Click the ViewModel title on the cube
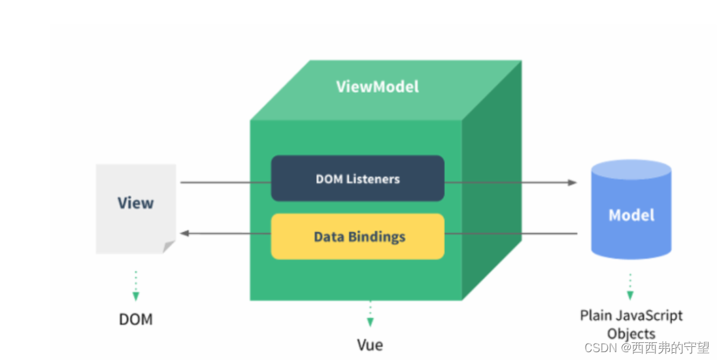pyautogui.click(x=377, y=86)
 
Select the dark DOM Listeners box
pyautogui.click(x=358, y=178)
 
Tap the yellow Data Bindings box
pyautogui.click(x=358, y=236)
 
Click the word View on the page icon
pyautogui.click(x=135, y=203)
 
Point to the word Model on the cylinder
pyautogui.click(x=631, y=215)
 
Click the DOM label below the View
pyautogui.click(x=135, y=319)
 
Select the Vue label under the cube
pyautogui.click(x=370, y=344)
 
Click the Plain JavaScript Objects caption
pyautogui.click(x=631, y=324)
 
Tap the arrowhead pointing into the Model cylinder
pyautogui.click(x=573, y=182)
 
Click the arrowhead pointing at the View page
pyautogui.click(x=184, y=233)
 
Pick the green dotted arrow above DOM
pyautogui.click(x=136, y=286)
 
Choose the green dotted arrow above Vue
pyautogui.click(x=370, y=314)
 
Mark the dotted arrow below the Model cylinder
pyautogui.click(x=630, y=286)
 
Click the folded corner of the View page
pyautogui.click(x=169, y=247)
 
